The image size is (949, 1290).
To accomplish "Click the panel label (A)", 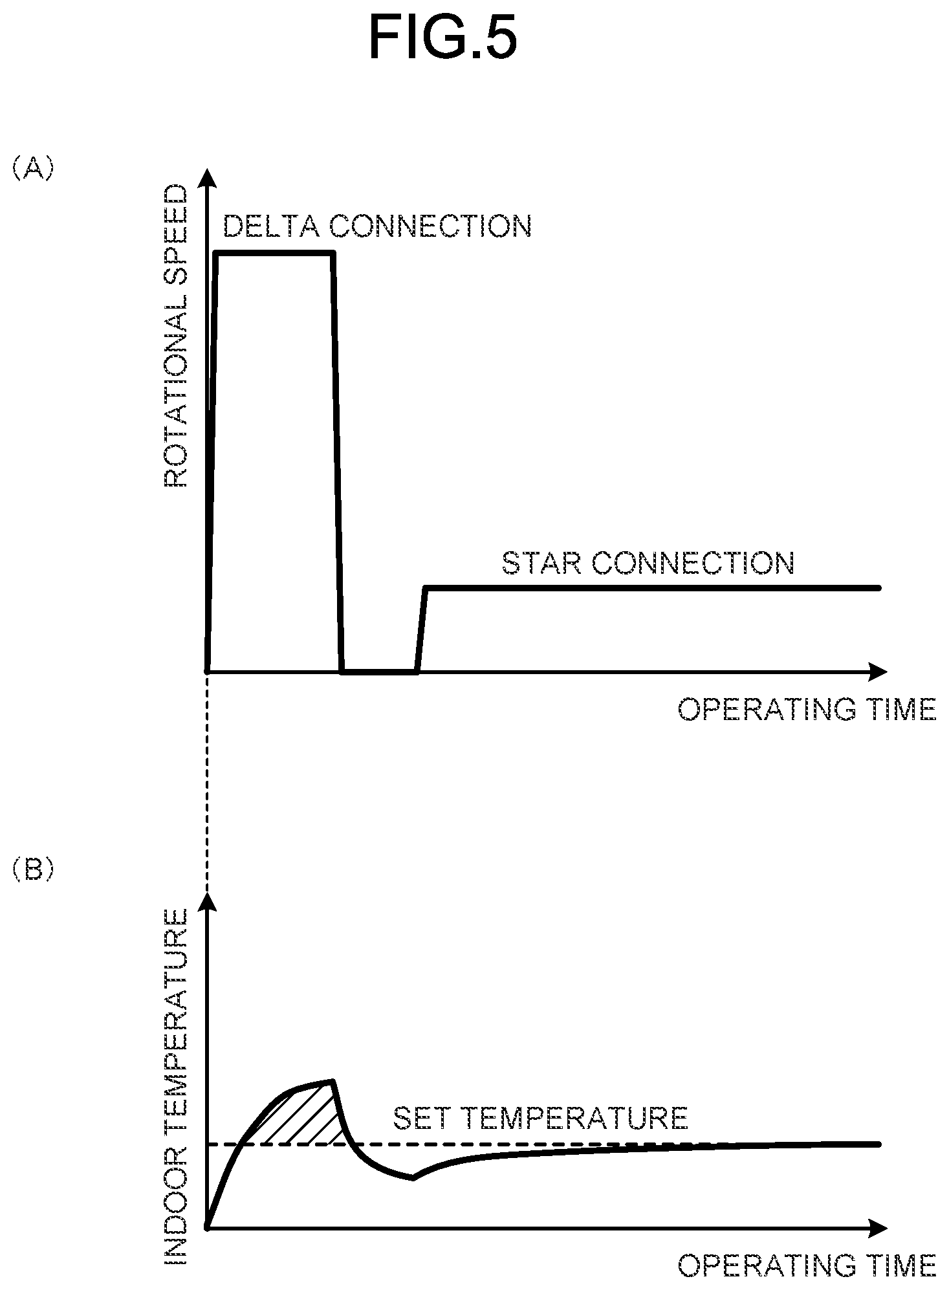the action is (32, 169).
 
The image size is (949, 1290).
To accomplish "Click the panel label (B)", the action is (32, 870).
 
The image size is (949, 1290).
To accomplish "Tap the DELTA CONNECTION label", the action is (377, 226).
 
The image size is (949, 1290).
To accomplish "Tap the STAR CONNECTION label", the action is (648, 563).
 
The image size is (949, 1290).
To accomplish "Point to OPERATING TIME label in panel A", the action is (807, 710).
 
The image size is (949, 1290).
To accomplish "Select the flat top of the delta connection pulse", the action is (276, 253).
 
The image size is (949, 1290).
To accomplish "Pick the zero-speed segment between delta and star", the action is (379, 672).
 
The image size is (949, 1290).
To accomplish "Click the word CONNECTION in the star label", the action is (693, 563).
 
